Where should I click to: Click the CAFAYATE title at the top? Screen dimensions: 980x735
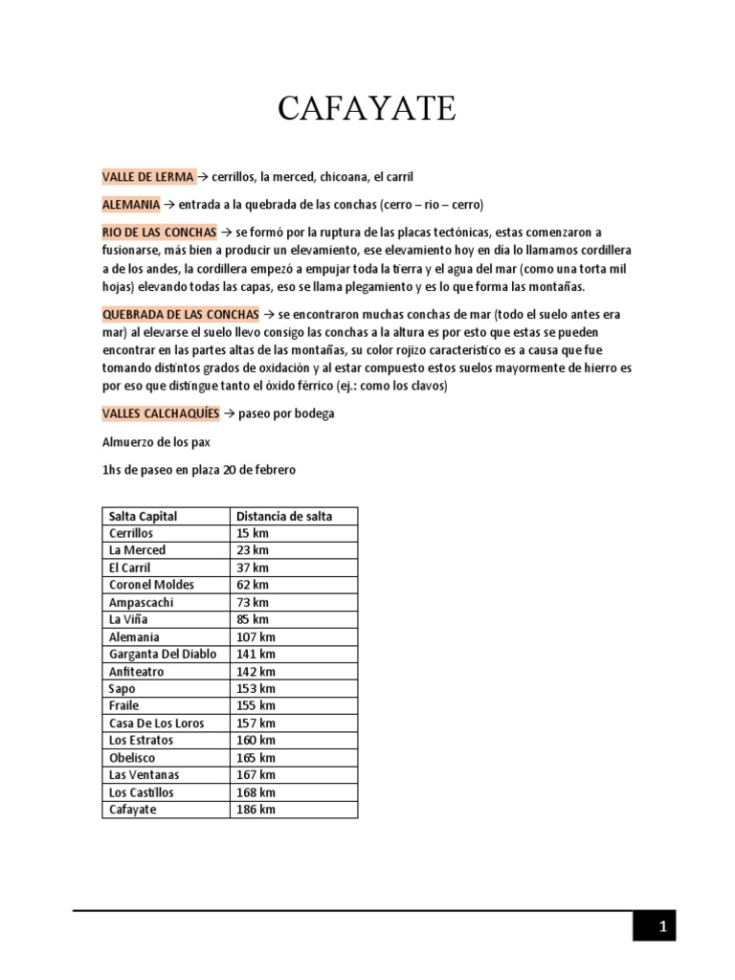pos(367,109)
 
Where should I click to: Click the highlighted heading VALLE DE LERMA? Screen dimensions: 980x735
pos(148,177)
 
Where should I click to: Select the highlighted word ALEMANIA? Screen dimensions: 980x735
pos(131,205)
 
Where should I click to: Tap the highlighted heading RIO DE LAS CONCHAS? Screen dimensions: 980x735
pos(160,233)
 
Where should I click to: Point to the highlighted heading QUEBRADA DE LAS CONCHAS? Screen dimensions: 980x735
pos(180,314)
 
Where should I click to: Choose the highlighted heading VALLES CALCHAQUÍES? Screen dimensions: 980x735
pos(161,413)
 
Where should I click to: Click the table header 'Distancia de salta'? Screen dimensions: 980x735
pos(284,516)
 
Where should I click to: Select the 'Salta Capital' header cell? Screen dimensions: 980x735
pos(143,516)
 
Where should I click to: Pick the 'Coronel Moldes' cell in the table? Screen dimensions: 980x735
pos(151,585)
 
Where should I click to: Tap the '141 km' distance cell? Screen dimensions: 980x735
pos(256,655)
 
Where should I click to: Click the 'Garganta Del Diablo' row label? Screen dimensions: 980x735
pos(163,655)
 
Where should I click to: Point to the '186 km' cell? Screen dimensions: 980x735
pos(256,810)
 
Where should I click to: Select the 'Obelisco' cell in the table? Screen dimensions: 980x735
pos(133,757)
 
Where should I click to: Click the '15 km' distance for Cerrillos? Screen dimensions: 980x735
pos(253,533)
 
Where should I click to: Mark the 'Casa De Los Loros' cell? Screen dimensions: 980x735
pos(157,723)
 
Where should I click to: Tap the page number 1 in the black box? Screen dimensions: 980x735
pos(661,926)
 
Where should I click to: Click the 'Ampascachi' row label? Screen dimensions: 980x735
pos(142,602)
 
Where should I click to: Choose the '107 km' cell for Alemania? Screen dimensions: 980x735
pos(256,636)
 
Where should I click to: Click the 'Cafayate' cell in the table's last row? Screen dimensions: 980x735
pos(133,810)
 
